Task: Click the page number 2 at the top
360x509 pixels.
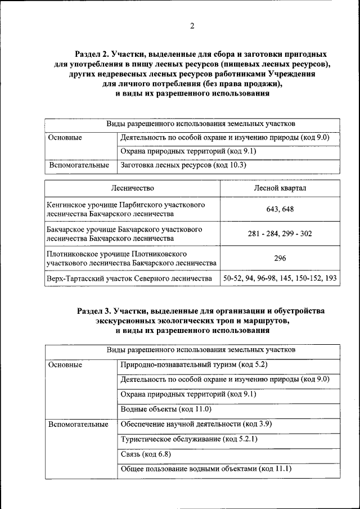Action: (x=192, y=26)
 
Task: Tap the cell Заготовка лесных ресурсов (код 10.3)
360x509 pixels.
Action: (x=183, y=165)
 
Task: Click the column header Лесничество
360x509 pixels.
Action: (x=132, y=188)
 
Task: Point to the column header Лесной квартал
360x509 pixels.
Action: (x=280, y=188)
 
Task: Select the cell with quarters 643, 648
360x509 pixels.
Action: (x=280, y=209)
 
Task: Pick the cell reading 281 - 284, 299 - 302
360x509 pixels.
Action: (x=280, y=233)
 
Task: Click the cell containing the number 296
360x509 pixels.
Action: (x=280, y=258)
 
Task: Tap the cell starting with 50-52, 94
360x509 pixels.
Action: (x=280, y=278)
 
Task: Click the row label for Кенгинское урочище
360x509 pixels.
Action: (x=126, y=209)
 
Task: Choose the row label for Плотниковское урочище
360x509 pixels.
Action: (x=132, y=258)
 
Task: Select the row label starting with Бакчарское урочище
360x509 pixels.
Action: (x=125, y=233)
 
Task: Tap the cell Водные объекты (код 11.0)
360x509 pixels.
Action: (x=166, y=409)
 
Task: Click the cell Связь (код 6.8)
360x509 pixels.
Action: (x=146, y=453)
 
